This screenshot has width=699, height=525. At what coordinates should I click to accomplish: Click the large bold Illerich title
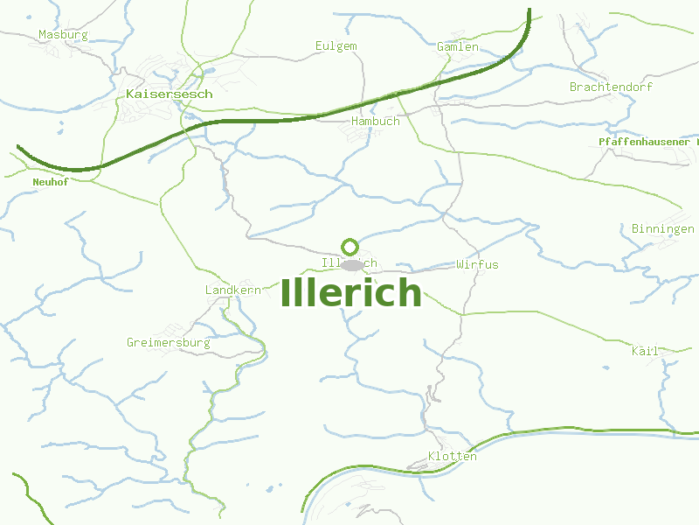(351, 293)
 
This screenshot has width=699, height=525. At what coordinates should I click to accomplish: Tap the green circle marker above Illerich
(349, 247)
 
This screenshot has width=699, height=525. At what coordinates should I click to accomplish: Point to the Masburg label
(63, 35)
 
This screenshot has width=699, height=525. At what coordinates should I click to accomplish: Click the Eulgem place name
(336, 45)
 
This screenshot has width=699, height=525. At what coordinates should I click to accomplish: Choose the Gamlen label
(457, 46)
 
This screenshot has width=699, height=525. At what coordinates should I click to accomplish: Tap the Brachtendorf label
(611, 87)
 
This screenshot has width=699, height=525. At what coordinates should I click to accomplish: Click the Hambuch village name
(375, 121)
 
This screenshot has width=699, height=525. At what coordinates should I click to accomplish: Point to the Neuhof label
(50, 182)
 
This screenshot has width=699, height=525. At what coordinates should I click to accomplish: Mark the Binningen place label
(662, 228)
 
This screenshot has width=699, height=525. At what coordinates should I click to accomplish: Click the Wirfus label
(477, 264)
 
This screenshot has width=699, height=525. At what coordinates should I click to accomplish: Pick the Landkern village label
(232, 290)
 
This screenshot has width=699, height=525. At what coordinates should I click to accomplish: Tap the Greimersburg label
(169, 342)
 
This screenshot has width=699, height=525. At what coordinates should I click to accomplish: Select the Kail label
(645, 351)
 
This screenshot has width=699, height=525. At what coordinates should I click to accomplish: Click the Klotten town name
(453, 456)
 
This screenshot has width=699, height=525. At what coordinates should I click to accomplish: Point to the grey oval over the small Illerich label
(352, 264)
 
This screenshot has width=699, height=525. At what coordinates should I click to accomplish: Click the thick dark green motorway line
(262, 121)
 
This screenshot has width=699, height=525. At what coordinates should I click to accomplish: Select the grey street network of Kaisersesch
(144, 109)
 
